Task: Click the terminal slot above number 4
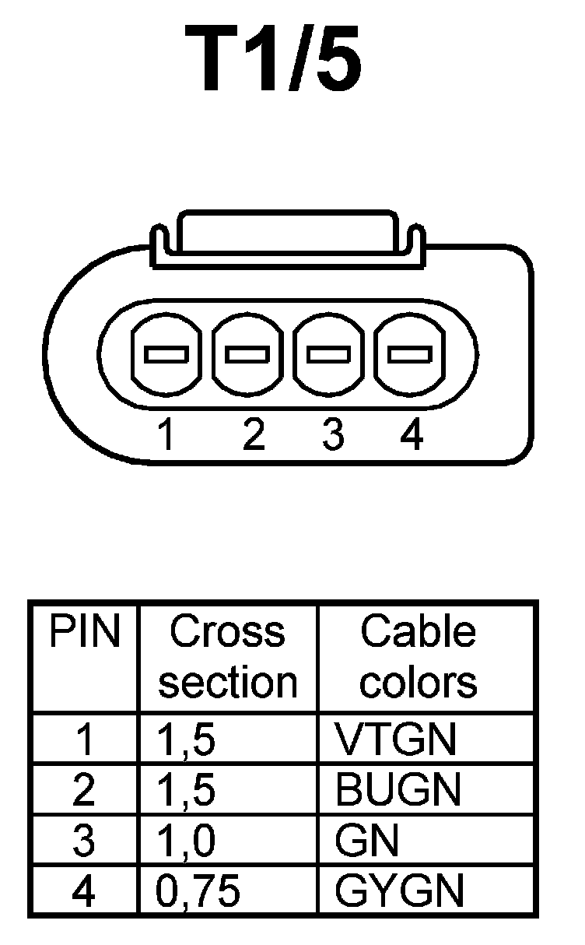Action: click(x=411, y=355)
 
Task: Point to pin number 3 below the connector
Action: click(x=332, y=435)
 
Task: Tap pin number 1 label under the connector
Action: click(x=166, y=435)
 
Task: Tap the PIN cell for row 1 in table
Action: click(x=84, y=740)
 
